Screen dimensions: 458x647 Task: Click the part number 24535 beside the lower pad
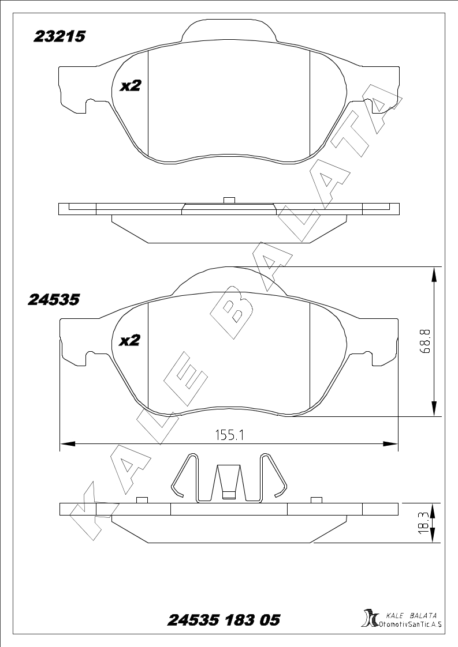tap(54, 299)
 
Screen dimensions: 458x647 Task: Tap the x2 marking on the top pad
tap(131, 86)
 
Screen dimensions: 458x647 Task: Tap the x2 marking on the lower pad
tap(130, 340)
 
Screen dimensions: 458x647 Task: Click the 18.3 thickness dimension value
tap(422, 523)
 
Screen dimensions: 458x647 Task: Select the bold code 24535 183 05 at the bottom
tap(224, 620)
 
